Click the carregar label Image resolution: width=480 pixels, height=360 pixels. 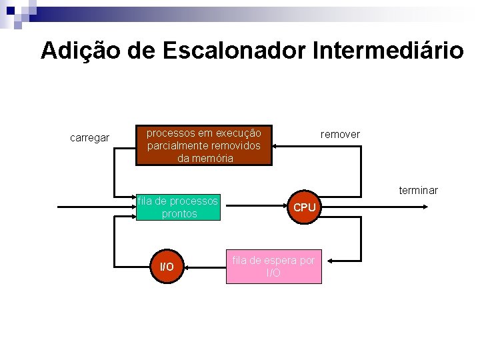coord(90,138)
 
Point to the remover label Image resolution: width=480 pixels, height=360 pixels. coord(340,135)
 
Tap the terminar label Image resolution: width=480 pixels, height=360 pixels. coord(418,191)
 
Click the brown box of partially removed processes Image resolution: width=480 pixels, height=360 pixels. coord(205,145)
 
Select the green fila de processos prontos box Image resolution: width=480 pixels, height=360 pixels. coord(179,207)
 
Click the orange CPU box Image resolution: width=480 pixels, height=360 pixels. coord(304,207)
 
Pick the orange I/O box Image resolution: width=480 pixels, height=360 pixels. coord(167,267)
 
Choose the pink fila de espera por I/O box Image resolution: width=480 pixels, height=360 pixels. coord(273,267)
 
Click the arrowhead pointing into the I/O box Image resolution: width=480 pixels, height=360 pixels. coord(188,267)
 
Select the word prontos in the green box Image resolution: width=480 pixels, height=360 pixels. coord(179,214)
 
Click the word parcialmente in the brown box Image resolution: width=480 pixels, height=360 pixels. coord(176,145)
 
